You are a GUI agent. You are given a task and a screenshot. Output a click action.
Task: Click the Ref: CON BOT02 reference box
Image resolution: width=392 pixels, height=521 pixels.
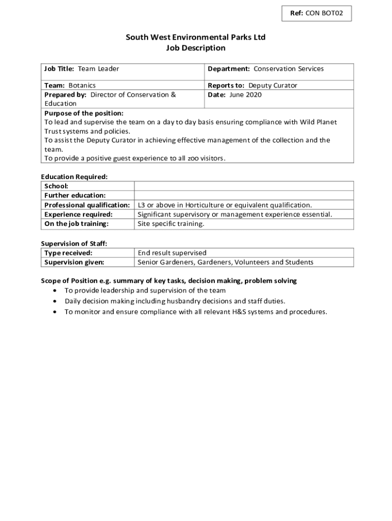[317, 14]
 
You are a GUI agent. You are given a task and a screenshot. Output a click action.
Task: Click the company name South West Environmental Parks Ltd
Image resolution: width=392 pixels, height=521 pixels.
[196, 37]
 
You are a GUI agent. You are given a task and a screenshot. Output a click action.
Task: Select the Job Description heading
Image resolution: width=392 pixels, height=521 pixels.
[196, 48]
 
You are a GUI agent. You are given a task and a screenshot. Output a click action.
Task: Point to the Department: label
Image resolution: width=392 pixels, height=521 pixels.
[229, 69]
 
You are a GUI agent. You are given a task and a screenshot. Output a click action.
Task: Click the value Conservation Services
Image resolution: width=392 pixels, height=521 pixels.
[289, 69]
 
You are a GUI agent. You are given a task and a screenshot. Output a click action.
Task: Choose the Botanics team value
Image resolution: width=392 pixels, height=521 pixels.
[82, 85]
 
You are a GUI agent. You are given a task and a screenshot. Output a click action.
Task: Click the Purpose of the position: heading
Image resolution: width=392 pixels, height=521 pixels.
[84, 113]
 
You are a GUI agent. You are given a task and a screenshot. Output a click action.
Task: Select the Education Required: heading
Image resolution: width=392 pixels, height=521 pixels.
[74, 177]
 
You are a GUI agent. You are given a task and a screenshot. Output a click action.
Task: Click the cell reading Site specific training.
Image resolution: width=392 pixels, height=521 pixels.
[171, 224]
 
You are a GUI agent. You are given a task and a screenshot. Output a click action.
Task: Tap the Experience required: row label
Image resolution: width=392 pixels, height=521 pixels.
[78, 214]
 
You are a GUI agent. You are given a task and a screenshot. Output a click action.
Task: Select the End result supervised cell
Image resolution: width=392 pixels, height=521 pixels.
[172, 253]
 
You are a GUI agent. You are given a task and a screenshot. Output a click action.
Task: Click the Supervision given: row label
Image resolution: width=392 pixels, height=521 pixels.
[74, 262]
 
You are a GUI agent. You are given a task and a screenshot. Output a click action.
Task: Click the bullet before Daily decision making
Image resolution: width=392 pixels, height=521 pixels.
[55, 301]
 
